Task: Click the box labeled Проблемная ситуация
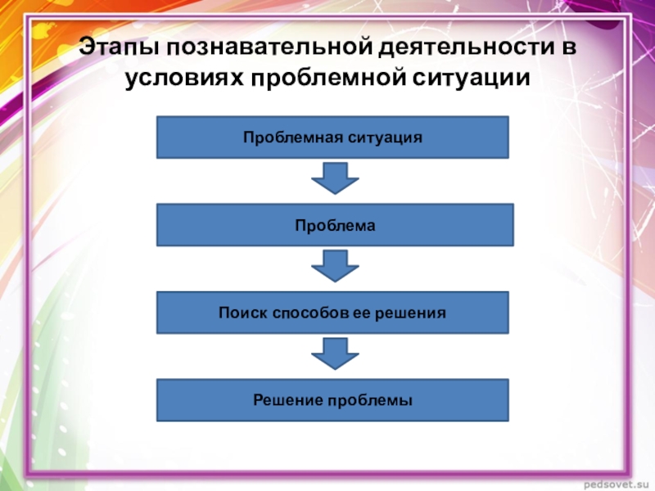pyautogui.click(x=332, y=137)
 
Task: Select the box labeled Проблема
pyautogui.click(x=335, y=225)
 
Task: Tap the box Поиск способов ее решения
pyautogui.click(x=332, y=313)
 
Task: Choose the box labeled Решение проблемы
pyautogui.click(x=332, y=400)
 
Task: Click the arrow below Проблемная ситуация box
pyautogui.click(x=333, y=177)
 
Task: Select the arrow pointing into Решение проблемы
pyautogui.click(x=333, y=354)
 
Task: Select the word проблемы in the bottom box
pyautogui.click(x=370, y=401)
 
